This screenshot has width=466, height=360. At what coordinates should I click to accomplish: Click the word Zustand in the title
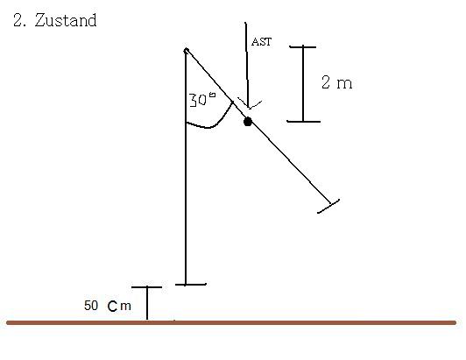tap(66, 20)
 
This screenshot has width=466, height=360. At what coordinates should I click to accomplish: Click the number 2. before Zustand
tap(19, 20)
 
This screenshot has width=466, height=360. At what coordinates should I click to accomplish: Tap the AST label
tap(262, 42)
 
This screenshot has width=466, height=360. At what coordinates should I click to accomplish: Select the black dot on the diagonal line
tap(248, 122)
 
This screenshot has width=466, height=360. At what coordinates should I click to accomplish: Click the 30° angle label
tap(202, 100)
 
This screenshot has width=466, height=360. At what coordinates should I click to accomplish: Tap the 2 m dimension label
tap(337, 82)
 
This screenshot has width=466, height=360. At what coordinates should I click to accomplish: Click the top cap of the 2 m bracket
tap(303, 46)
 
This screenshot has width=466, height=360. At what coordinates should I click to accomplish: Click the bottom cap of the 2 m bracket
tap(303, 121)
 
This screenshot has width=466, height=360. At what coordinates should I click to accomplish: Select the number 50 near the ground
tap(91, 306)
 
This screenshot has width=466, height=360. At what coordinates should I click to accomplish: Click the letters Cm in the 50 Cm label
tap(119, 307)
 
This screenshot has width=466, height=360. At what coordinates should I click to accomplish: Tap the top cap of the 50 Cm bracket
tap(146, 287)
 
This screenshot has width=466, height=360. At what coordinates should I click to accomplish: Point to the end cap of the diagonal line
tap(328, 206)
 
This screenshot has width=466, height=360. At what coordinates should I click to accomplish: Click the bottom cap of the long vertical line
tap(190, 285)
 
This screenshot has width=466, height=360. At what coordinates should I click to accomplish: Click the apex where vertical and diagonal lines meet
tap(186, 50)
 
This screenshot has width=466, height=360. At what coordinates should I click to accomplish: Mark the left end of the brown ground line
tap(8, 323)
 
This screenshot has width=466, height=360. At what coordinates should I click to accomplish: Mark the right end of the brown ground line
tap(455, 323)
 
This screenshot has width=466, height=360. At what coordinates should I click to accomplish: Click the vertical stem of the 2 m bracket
tap(303, 84)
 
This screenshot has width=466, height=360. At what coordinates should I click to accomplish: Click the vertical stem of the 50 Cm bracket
tap(147, 303)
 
